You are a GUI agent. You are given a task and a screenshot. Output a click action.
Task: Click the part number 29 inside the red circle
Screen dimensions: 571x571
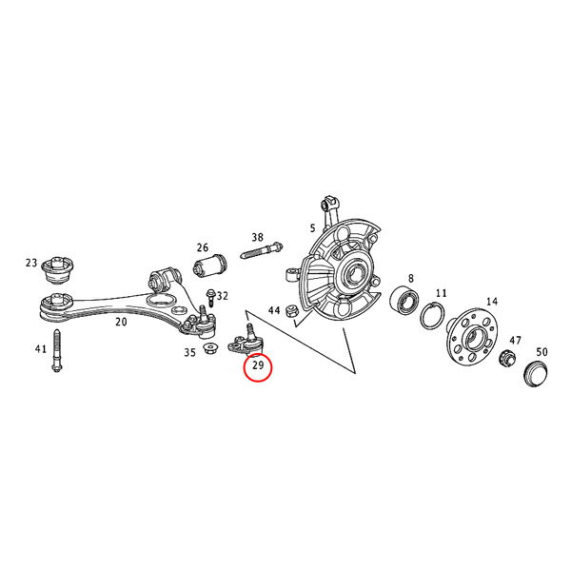(258, 364)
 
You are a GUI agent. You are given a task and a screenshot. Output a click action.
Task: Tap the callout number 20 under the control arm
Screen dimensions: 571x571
(121, 322)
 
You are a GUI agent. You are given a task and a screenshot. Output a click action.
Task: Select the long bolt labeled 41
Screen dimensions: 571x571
(57, 350)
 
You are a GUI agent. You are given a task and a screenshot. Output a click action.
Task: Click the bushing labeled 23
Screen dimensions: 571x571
(58, 269)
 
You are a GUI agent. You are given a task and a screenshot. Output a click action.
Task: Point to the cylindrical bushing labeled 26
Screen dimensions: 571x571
(209, 266)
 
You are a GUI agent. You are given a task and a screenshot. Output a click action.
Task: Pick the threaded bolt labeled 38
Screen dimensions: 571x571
(262, 250)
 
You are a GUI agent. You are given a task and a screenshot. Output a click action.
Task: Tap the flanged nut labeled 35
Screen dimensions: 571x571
(209, 347)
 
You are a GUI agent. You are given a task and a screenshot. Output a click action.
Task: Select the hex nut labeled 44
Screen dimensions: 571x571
(292, 310)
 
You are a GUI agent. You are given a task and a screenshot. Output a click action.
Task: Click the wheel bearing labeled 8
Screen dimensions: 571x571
(404, 301)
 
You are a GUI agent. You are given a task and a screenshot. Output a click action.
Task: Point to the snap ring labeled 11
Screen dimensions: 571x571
(432, 316)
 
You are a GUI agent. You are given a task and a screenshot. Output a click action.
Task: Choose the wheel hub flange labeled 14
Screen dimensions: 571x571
(470, 337)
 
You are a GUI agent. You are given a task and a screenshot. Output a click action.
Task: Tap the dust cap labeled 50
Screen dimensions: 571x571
(535, 373)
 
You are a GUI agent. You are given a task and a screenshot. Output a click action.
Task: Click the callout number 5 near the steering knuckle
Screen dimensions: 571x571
(312, 228)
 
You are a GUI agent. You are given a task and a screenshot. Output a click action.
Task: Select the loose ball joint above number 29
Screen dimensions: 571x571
(246, 341)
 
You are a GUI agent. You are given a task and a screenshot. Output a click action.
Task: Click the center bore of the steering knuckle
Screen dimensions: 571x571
(352, 273)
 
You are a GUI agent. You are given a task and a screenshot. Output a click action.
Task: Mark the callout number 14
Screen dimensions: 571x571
(492, 302)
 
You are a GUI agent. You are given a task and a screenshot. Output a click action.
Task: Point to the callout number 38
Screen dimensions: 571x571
(258, 237)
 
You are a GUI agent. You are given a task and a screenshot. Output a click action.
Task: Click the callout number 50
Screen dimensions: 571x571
(541, 352)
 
